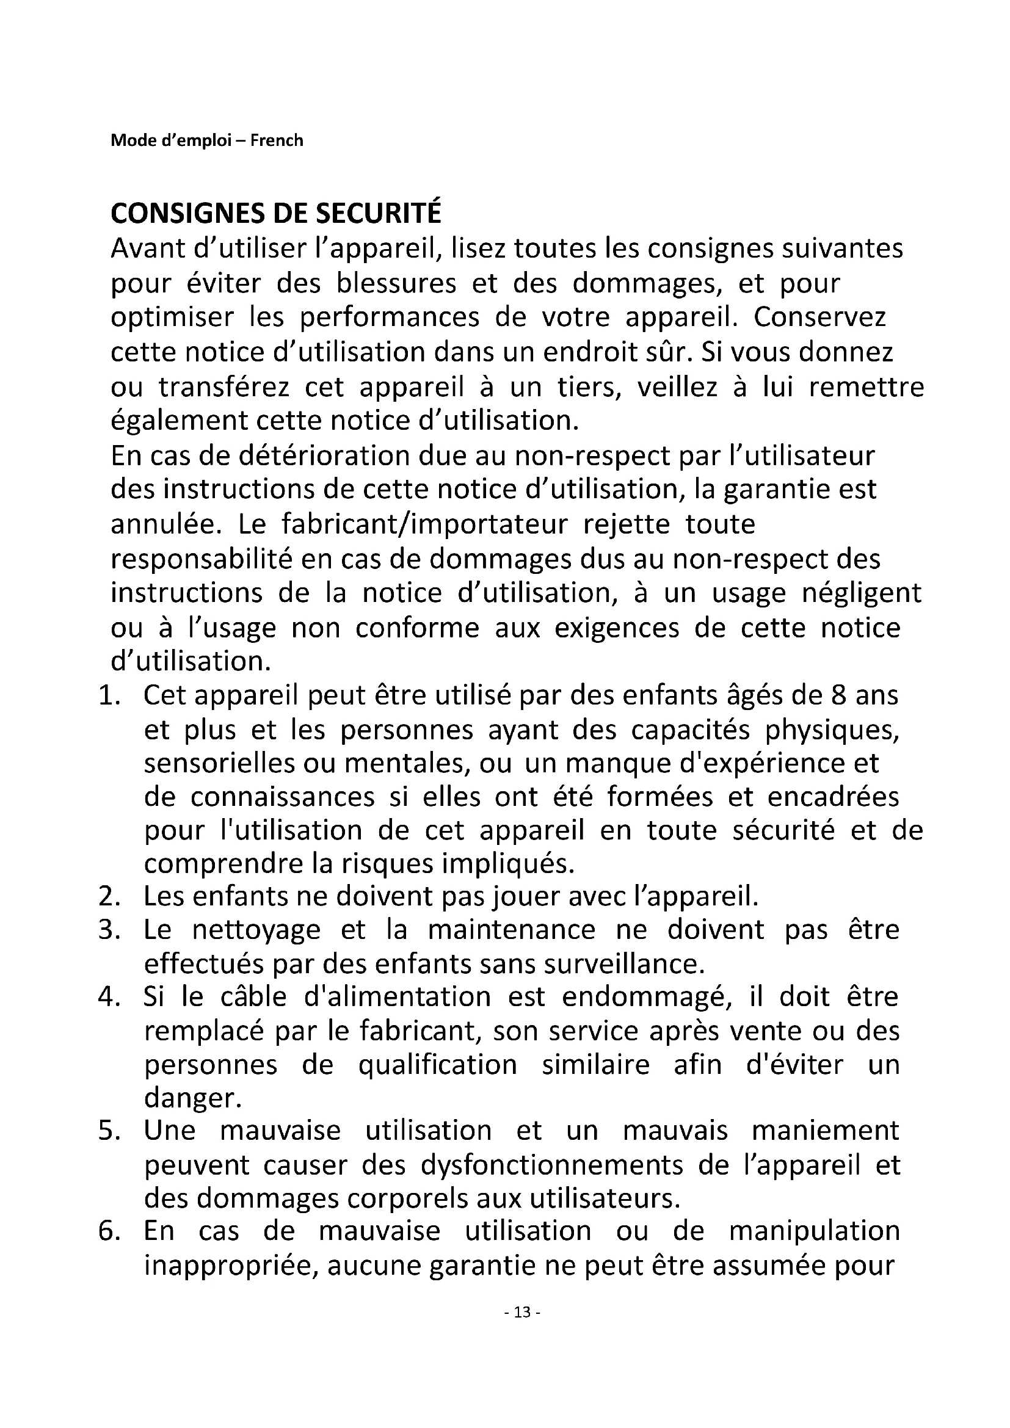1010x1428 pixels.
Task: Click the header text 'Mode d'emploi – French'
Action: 206,140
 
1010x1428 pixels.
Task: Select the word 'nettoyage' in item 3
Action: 256,930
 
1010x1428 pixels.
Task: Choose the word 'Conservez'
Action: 819,317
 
